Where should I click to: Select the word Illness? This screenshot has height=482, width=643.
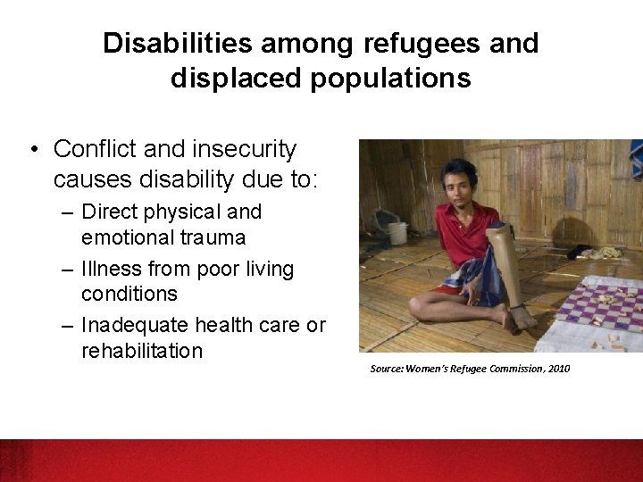112,270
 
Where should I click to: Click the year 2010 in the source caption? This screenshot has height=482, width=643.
556,369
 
